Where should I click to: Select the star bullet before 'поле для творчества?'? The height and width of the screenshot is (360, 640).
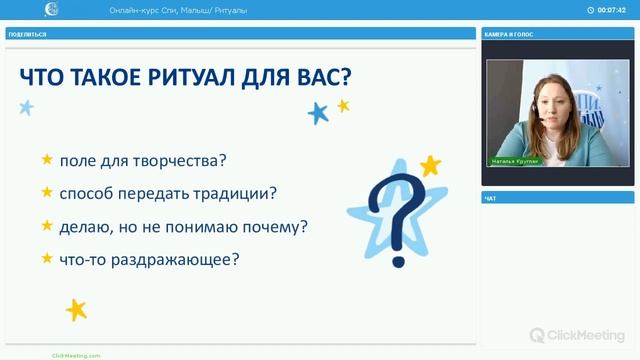click(x=46, y=159)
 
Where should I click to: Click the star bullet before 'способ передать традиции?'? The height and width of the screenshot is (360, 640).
click(x=46, y=192)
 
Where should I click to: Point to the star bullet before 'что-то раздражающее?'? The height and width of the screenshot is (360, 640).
click(x=46, y=258)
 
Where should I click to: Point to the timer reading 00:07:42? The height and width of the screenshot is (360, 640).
click(x=611, y=10)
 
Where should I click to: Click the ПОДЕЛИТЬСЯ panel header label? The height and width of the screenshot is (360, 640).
click(x=27, y=34)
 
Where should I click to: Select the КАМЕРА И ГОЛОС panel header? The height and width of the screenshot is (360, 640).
click(x=509, y=34)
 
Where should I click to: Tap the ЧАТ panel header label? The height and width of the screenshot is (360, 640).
click(x=490, y=198)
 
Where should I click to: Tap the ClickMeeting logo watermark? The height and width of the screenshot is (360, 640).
click(x=578, y=335)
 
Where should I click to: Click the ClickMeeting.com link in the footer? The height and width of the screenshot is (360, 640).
click(x=76, y=355)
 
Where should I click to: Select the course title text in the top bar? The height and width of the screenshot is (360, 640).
click(x=178, y=10)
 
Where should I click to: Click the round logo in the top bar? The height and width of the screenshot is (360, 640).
click(x=52, y=10)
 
